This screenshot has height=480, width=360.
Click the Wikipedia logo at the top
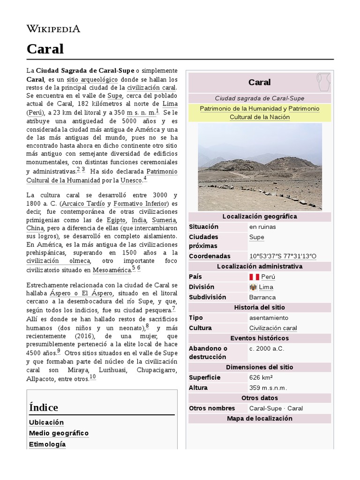tap(53, 29)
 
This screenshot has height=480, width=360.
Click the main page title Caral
tap(45, 49)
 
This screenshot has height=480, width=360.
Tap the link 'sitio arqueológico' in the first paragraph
tap(99, 79)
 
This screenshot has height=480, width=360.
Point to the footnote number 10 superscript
tap(92, 377)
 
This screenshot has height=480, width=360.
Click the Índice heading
tap(44, 407)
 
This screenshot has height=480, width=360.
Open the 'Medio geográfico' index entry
tap(59, 433)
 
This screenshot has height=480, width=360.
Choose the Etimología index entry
tap(47, 444)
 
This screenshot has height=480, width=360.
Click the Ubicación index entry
tap(46, 422)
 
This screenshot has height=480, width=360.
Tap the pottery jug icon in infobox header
tap(322, 82)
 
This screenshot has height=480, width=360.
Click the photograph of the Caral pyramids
tap(260, 167)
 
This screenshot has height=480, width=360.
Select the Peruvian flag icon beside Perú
tap(254, 277)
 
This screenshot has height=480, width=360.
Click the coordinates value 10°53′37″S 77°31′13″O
tap(283, 256)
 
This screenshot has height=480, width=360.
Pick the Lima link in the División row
tap(266, 287)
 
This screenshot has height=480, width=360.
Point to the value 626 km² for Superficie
tap(261, 377)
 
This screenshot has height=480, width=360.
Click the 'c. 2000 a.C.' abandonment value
tap(267, 348)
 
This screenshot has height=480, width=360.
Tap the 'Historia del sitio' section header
tap(260, 307)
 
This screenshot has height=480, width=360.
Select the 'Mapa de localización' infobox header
tap(260, 419)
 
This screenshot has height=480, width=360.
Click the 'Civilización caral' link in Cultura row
tap(273, 328)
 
